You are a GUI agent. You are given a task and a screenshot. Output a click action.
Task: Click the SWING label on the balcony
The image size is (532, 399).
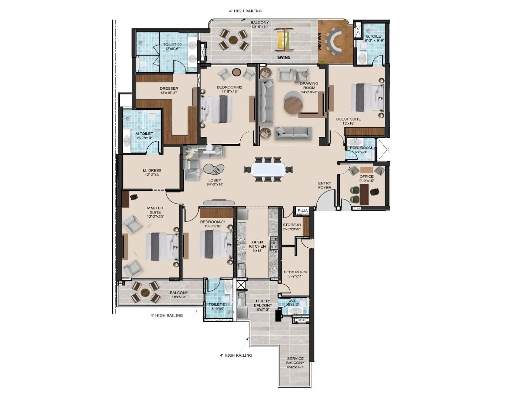click(x=284, y=57)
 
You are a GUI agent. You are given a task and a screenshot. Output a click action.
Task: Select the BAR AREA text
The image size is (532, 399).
click(x=319, y=42)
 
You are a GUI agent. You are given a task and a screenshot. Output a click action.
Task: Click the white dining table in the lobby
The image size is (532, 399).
click(x=268, y=170)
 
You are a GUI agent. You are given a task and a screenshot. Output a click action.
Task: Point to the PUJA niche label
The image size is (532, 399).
click(x=303, y=211)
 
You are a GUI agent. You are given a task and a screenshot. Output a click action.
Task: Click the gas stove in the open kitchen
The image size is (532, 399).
click(x=274, y=243)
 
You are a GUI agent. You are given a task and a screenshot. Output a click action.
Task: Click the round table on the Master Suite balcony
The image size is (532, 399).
click(x=145, y=293)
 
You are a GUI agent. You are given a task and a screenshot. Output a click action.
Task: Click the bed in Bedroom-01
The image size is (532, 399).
click(x=216, y=244)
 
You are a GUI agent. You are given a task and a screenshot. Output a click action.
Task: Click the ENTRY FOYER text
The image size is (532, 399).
click(x=325, y=185)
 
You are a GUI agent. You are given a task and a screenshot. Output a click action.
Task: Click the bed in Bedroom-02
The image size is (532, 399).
click(x=217, y=108)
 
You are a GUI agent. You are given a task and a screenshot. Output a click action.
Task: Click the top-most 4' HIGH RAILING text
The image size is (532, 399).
click(x=245, y=11)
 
